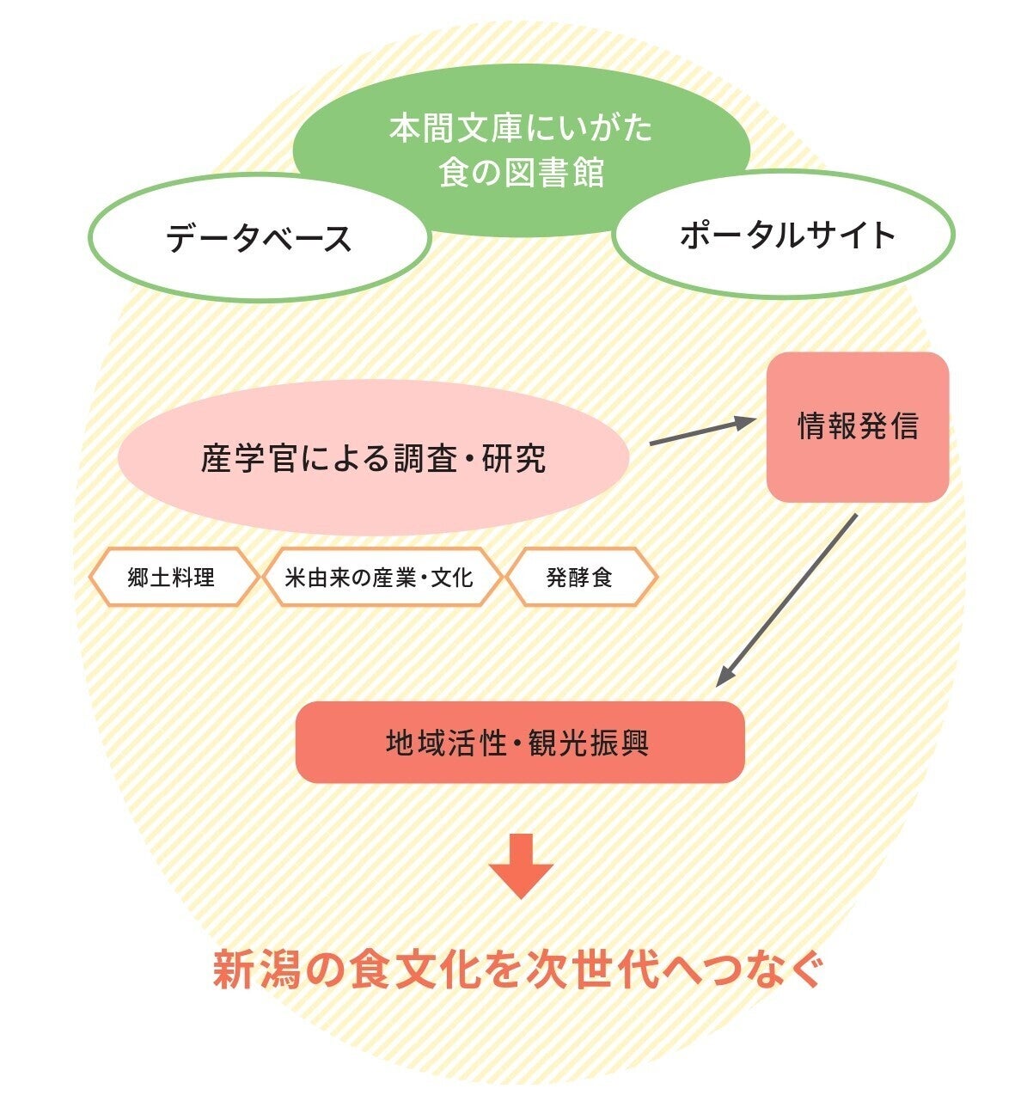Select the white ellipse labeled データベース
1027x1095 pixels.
[259, 238]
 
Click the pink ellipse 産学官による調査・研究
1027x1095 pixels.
[374, 458]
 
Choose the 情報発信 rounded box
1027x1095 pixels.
[858, 427]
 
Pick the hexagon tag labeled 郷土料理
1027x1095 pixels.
[172, 578]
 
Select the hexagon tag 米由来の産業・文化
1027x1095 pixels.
[379, 578]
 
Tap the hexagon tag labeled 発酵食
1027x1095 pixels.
[580, 578]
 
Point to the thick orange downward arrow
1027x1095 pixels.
[521, 865]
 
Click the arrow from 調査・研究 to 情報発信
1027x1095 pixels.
[700, 431]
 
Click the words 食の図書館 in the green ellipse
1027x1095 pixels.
[521, 172]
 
